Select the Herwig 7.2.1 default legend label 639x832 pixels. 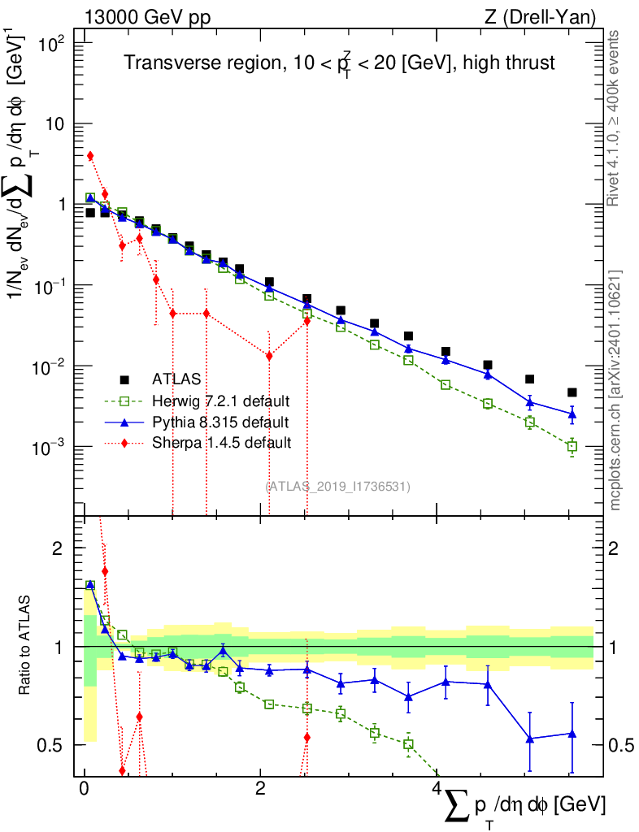221,401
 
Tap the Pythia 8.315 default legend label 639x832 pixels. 220,422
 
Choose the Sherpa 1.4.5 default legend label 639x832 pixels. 220,443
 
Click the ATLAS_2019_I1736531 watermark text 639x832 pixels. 337,487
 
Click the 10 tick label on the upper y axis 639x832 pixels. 58,124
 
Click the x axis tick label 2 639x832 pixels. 259,789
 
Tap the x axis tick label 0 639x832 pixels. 84,789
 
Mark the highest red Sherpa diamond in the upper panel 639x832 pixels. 90,155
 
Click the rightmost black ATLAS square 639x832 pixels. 572,392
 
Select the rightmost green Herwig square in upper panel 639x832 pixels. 572,446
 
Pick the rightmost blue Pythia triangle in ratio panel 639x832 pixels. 572,734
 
